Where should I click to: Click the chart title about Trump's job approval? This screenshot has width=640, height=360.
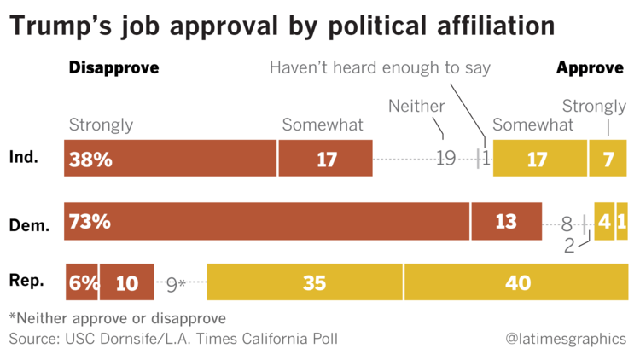pyautogui.click(x=282, y=26)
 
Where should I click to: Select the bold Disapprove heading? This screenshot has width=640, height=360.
pyautogui.click(x=113, y=68)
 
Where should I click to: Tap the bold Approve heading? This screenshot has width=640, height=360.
pyautogui.click(x=590, y=68)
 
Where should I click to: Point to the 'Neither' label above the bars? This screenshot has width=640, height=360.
pyautogui.click(x=416, y=106)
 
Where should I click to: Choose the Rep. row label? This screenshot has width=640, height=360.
pyautogui.click(x=26, y=281)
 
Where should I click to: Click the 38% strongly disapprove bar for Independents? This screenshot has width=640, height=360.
pyautogui.click(x=170, y=159)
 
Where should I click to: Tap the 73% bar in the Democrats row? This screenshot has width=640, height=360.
pyautogui.click(x=266, y=222)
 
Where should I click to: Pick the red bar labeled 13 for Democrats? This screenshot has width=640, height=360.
pyautogui.click(x=506, y=222)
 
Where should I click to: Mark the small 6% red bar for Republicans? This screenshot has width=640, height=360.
pyautogui.click(x=82, y=282)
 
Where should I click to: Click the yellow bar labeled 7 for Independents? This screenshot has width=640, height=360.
pyautogui.click(x=608, y=159)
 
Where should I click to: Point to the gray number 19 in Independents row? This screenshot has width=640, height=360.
pyautogui.click(x=445, y=159)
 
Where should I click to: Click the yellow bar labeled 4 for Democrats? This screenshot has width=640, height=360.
pyautogui.click(x=603, y=222)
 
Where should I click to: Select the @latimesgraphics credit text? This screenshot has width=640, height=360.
pyautogui.click(x=566, y=339)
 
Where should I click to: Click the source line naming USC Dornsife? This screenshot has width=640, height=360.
pyautogui.click(x=173, y=339)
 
